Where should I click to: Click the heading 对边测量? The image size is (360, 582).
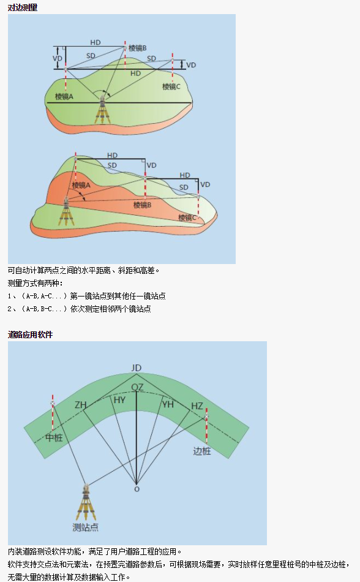point(23,7)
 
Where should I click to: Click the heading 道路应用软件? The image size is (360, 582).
point(30,334)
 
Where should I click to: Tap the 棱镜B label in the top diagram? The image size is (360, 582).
point(138,48)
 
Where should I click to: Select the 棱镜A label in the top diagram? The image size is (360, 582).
point(64,97)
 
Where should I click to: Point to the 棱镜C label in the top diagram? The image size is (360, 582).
point(171,86)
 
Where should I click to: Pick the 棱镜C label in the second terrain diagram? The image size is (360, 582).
point(187,217)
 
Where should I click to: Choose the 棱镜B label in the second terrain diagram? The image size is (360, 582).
point(143,205)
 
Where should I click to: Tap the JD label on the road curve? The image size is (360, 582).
point(137,368)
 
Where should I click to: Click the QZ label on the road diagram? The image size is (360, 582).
point(137,388)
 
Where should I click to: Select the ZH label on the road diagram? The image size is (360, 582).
point(80,404)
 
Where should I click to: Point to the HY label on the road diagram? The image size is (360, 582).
point(119,400)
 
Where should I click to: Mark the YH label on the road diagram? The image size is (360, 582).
point(168,404)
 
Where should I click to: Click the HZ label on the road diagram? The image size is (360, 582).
point(197,406)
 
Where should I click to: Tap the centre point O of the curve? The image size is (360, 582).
point(137,489)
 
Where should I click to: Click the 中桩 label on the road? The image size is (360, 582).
point(54,437)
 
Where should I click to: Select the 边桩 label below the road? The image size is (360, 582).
point(202,451)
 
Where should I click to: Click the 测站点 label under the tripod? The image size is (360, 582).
point(85,527)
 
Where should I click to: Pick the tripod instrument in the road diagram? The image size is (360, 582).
point(86,502)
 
